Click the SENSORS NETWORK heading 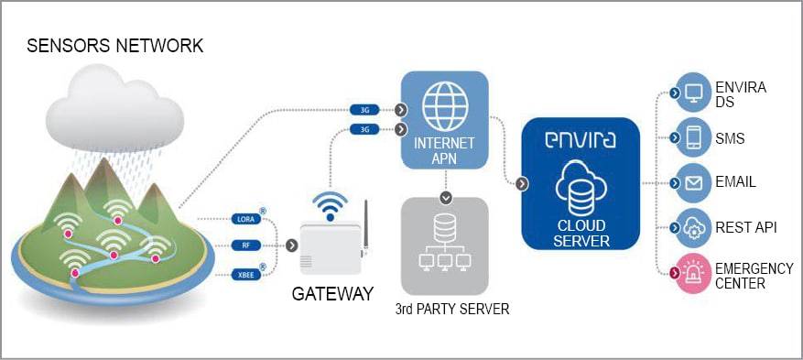pyautogui.click(x=115, y=46)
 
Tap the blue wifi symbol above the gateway pyautogui.click(x=331, y=202)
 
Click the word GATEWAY pyautogui.click(x=332, y=295)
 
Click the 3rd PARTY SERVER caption pyautogui.click(x=451, y=310)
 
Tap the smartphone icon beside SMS pyautogui.click(x=693, y=137)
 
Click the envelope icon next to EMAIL pyautogui.click(x=693, y=182)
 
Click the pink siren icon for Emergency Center pyautogui.click(x=693, y=272)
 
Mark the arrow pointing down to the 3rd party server pyautogui.click(x=444, y=196)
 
